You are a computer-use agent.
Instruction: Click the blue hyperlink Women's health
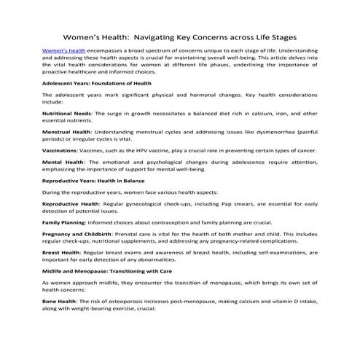coord(63,50)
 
